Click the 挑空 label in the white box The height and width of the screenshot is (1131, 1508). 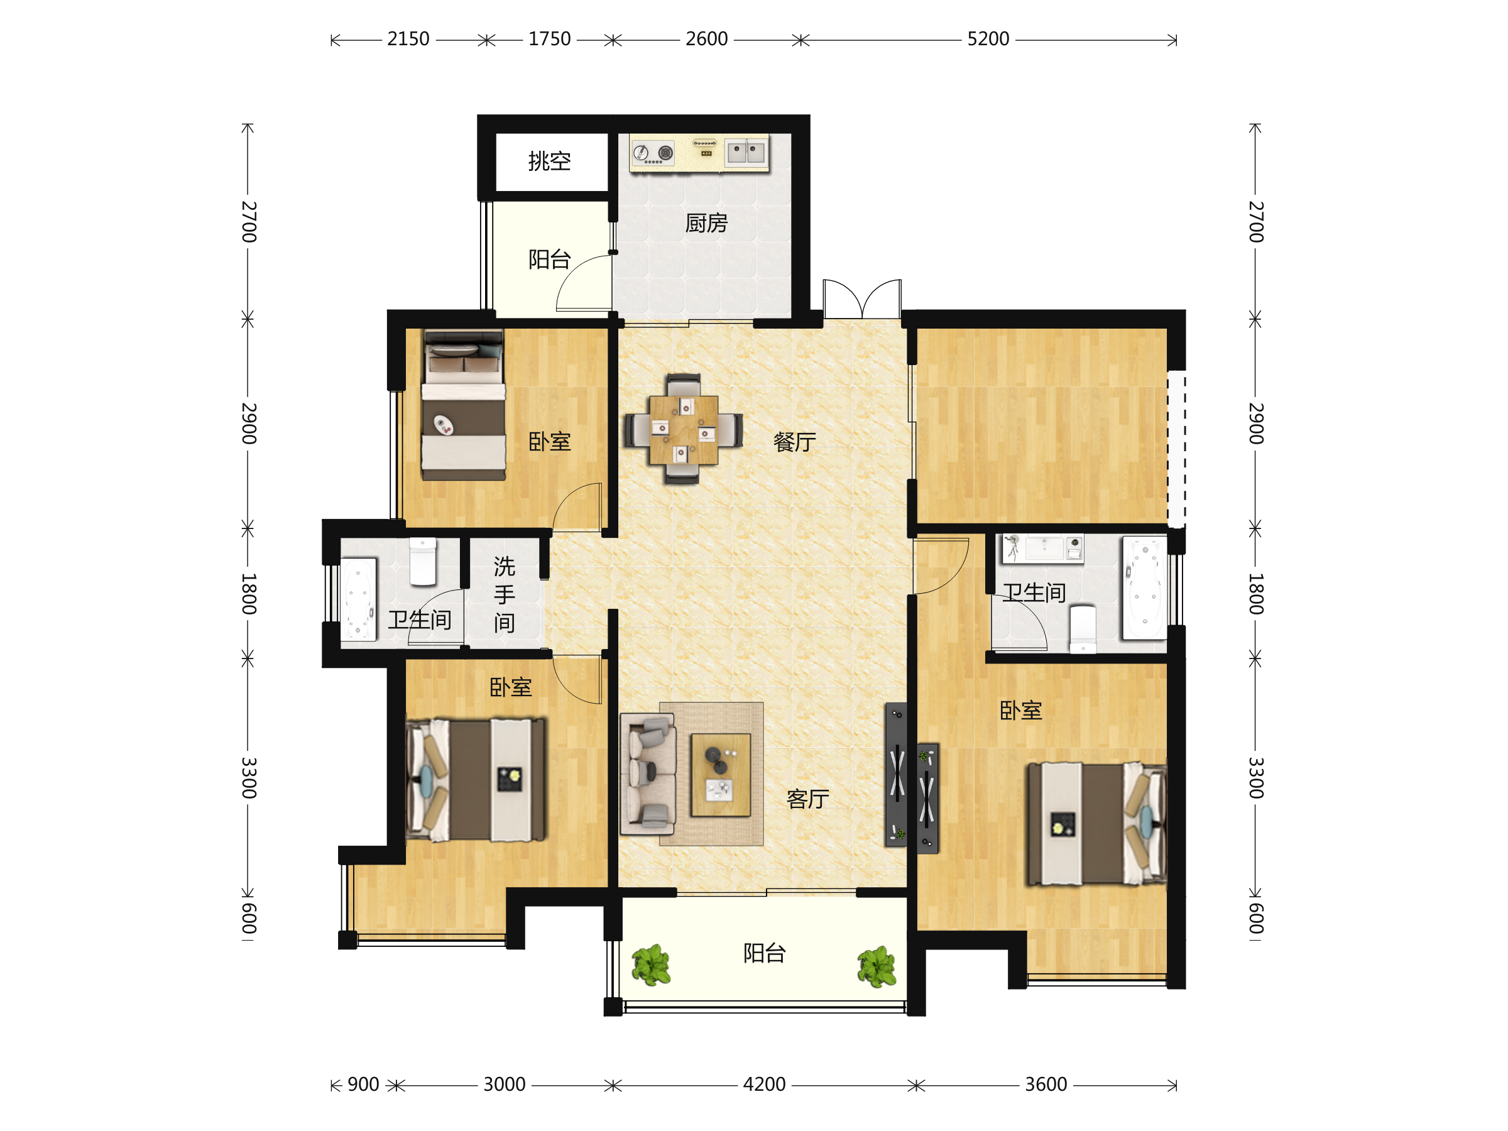550,161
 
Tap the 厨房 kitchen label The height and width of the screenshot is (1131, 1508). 706,223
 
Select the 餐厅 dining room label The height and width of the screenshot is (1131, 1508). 794,442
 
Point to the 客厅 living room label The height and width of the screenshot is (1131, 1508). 808,799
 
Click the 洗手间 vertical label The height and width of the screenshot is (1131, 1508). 505,594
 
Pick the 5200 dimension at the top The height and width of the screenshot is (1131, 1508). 988,39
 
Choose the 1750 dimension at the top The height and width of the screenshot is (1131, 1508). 550,39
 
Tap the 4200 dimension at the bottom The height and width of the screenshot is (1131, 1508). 764,1084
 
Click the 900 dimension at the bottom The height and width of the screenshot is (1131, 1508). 363,1084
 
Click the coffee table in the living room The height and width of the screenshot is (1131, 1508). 721,775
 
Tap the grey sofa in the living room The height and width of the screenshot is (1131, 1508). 648,775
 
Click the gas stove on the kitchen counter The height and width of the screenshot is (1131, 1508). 653,153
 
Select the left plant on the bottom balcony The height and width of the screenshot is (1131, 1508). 651,965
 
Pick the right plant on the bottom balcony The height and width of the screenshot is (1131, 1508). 877,967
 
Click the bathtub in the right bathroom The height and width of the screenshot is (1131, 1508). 1145,587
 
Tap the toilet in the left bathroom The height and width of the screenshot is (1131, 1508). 423,562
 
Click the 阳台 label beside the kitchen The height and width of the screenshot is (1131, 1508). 550,260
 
